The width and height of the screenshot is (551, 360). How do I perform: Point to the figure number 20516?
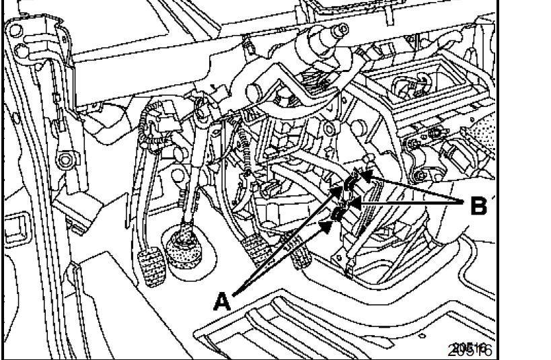[473, 349]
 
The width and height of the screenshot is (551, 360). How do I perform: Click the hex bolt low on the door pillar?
[65, 160]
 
